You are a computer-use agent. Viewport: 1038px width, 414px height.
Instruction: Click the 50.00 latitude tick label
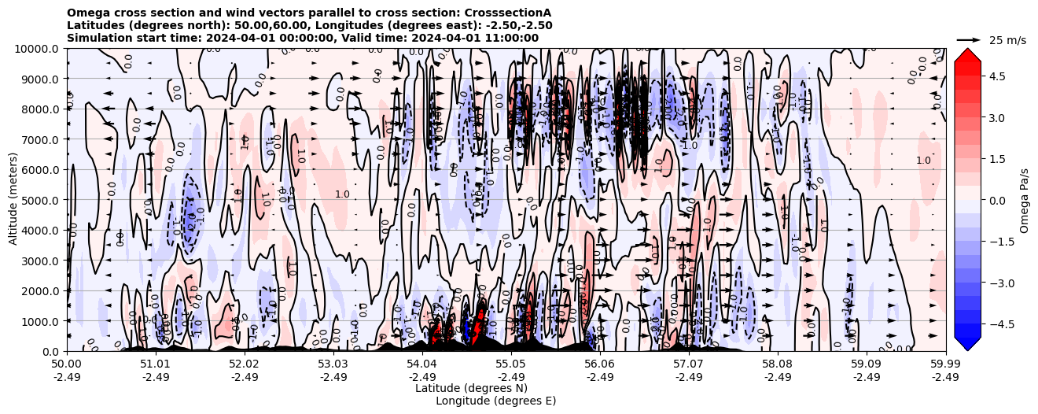[x=67, y=364]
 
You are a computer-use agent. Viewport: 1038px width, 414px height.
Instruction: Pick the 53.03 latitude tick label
[x=333, y=364]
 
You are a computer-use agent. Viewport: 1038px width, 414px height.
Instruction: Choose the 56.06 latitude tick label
[x=600, y=364]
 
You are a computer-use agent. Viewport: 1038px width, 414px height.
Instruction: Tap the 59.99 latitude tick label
[x=945, y=364]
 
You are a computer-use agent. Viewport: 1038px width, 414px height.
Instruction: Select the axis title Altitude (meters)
[x=14, y=200]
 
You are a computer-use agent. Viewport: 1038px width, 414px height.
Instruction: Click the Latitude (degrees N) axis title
[x=471, y=388]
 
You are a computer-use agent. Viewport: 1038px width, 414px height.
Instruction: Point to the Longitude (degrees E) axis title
[x=496, y=401]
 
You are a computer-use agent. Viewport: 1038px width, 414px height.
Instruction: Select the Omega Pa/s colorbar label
[x=1025, y=200]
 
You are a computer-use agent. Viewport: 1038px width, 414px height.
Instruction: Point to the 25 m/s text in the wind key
[x=1007, y=40]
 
